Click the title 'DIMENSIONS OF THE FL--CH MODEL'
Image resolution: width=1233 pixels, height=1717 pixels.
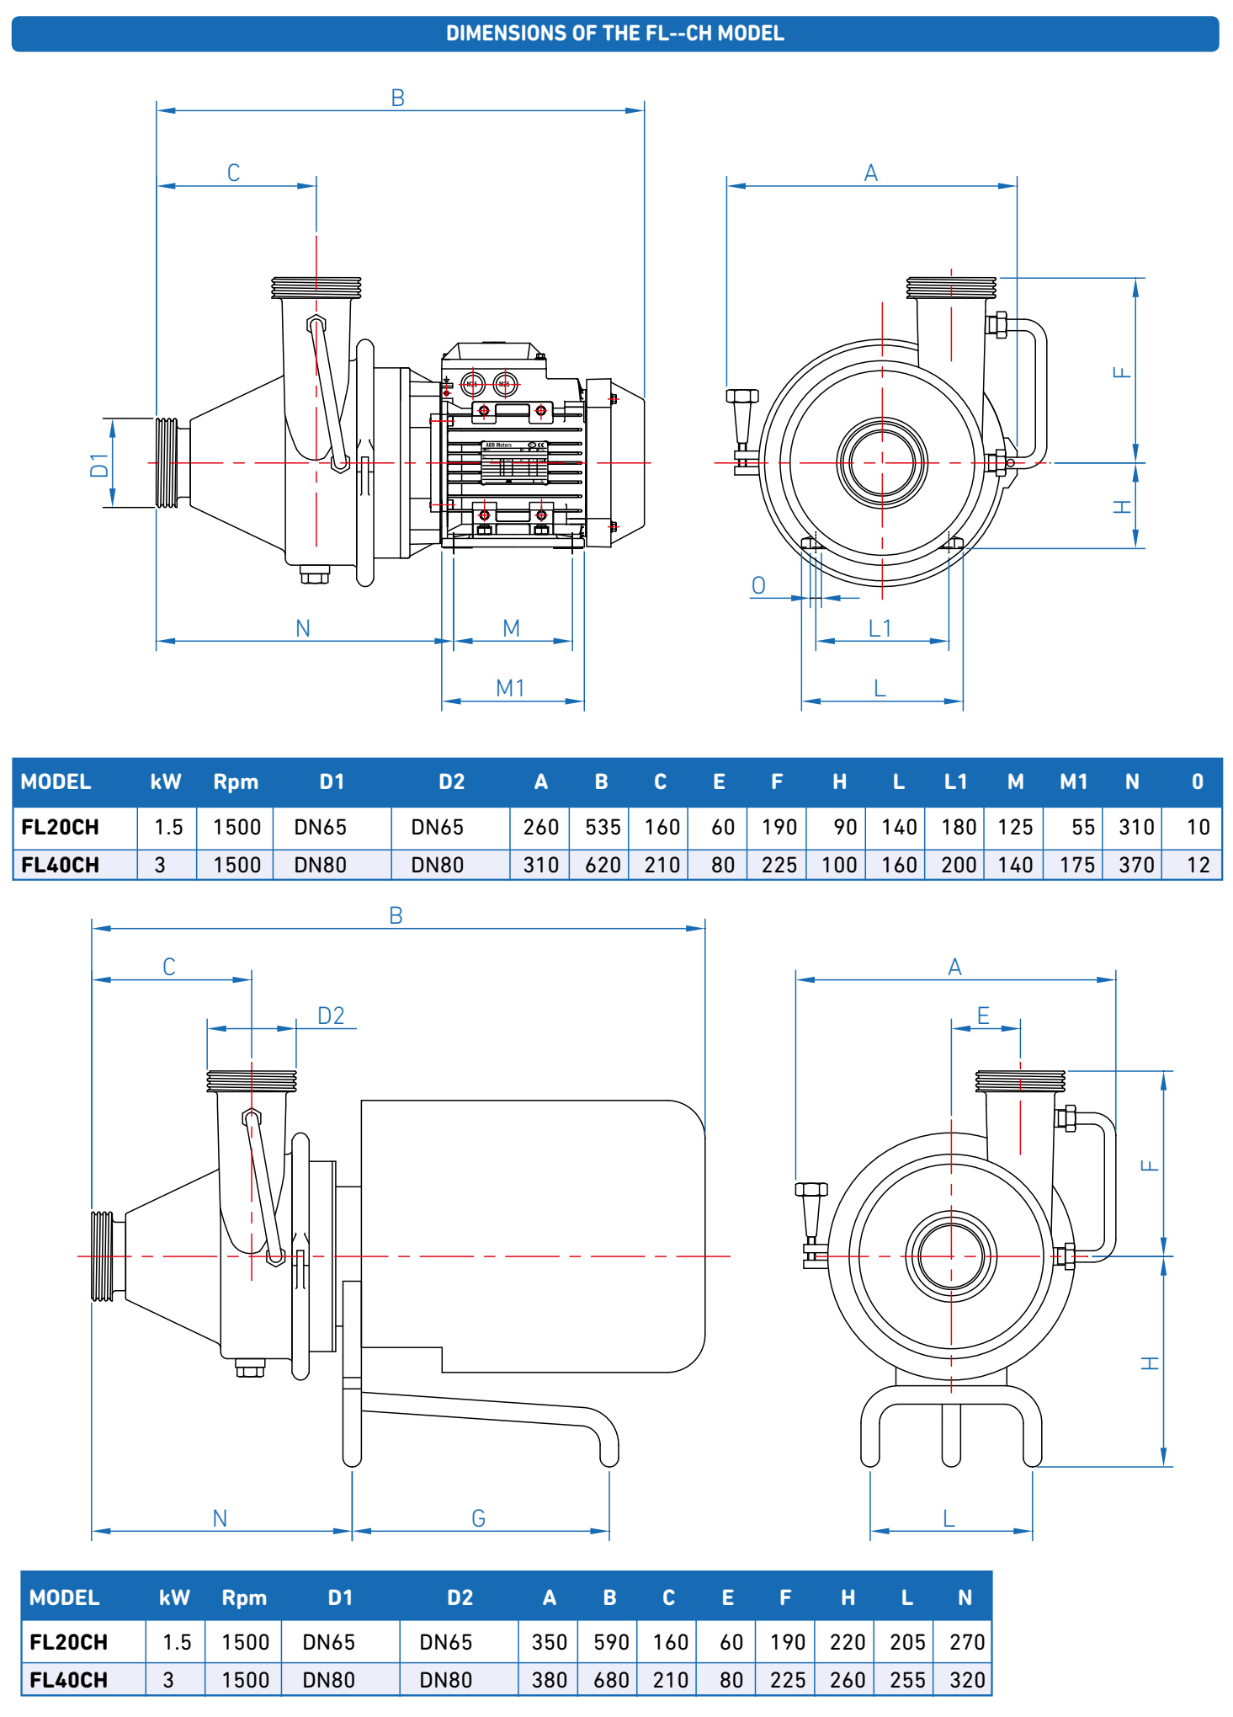coord(615,34)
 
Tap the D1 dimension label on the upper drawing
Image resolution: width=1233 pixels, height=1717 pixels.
coord(99,465)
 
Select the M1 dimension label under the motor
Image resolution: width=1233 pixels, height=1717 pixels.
coord(511,688)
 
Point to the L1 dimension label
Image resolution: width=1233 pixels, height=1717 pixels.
coord(880,628)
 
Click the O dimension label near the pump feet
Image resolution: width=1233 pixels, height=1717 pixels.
coord(758,586)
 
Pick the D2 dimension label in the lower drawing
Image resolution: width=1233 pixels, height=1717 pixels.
coord(331,1016)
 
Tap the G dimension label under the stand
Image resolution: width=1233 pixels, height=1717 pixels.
coord(478,1518)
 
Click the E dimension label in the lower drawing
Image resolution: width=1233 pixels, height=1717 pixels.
coord(983,1016)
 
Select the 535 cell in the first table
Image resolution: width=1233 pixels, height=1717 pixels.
coord(603,827)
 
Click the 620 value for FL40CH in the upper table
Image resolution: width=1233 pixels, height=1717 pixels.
coord(603,865)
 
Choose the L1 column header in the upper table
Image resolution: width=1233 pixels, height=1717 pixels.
coord(955,782)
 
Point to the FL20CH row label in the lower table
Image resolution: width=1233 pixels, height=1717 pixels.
coord(69,1642)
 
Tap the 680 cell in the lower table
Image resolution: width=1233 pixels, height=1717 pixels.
coord(611,1680)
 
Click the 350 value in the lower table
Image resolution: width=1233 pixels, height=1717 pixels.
coord(550,1642)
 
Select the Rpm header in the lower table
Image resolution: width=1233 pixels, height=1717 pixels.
coord(244,1597)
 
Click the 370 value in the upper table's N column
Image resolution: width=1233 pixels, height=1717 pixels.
coord(1136,865)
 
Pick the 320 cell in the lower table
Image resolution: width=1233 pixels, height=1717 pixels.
coord(967,1680)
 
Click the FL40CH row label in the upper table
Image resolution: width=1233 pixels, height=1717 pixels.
coord(61,865)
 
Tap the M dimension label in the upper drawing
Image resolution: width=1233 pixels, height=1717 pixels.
coord(511,628)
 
